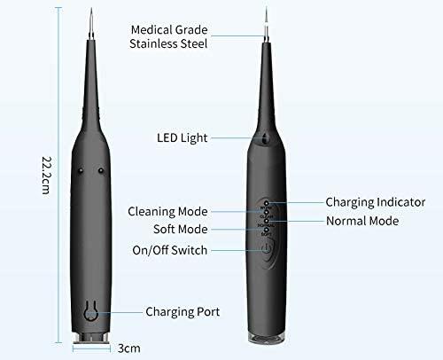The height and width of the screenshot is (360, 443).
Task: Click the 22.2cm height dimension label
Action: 46,175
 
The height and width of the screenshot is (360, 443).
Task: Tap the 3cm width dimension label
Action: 128,348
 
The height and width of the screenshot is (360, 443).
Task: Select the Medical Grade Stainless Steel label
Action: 168,36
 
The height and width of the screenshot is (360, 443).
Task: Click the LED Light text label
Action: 183,137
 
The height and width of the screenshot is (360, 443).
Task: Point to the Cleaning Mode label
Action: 167,212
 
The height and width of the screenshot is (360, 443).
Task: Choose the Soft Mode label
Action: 181,229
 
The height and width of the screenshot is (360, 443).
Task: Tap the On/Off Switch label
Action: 170,250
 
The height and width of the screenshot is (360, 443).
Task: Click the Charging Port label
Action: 183,312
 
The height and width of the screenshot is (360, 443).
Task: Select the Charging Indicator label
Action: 376,202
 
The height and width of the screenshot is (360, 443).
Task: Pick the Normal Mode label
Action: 362,221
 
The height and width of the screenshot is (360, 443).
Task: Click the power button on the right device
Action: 267,248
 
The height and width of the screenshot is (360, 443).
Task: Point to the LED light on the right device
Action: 266,138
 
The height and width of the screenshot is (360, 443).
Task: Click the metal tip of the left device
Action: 91,24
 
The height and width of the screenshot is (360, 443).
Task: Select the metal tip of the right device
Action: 267,25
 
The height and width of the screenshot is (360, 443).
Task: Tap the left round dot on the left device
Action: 80,170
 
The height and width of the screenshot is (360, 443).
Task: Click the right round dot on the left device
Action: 101,170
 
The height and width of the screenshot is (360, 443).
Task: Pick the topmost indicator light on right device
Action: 267,203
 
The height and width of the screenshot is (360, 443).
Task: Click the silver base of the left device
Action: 91,339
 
